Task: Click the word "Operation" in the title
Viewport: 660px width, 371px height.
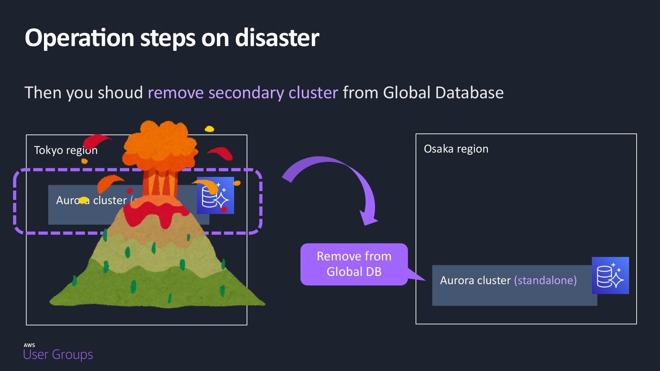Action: (x=79, y=38)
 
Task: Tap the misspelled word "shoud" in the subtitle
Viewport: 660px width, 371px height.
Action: (x=120, y=93)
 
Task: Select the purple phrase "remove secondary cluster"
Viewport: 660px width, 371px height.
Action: (x=243, y=93)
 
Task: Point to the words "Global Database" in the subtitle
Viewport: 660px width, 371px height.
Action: (x=443, y=93)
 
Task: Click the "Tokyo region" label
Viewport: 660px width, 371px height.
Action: (x=66, y=150)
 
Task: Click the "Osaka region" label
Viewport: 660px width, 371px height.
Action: (x=456, y=149)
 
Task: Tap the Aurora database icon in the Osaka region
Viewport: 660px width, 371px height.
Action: (x=610, y=276)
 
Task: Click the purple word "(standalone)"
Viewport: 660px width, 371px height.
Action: (x=545, y=280)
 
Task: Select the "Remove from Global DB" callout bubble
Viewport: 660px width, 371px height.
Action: (x=354, y=264)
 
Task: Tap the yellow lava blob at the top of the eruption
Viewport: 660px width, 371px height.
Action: (x=209, y=129)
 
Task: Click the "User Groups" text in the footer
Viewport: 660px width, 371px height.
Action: (x=58, y=355)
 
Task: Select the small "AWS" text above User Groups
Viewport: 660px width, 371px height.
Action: (x=29, y=345)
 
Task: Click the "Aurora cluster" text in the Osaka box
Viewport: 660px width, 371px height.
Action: (x=475, y=280)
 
